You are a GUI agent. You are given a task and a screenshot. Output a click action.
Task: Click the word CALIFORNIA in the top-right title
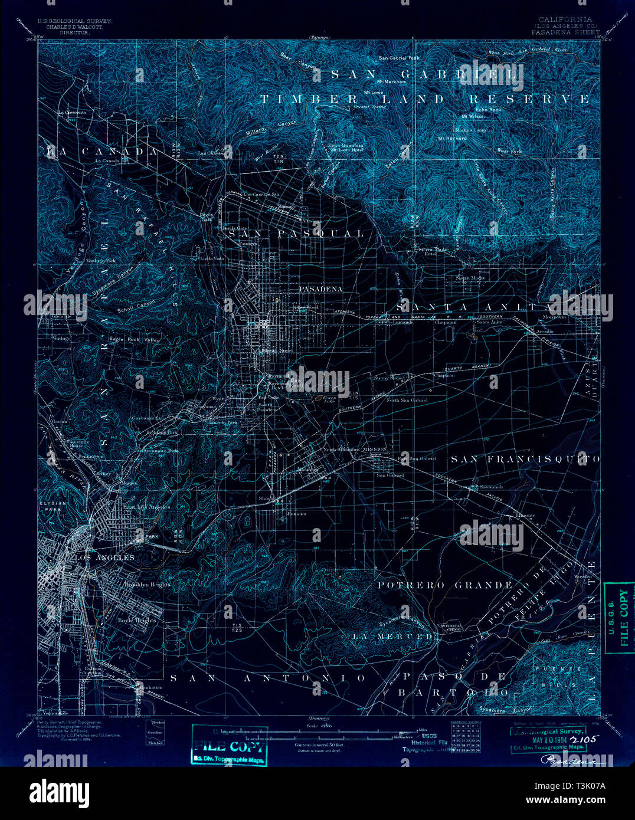557,19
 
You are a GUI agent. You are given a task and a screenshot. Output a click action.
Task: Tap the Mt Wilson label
473,117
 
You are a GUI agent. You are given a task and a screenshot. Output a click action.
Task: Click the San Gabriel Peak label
398,58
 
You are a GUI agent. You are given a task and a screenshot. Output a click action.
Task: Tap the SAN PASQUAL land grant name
296,234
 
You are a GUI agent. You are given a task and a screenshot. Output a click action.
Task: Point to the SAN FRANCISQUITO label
525,458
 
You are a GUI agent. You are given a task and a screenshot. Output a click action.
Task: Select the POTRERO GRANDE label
445,585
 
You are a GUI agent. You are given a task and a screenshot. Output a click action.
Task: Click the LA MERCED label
392,637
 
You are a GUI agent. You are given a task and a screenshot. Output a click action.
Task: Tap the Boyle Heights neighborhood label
136,620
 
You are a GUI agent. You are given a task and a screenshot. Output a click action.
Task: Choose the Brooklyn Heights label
147,585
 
